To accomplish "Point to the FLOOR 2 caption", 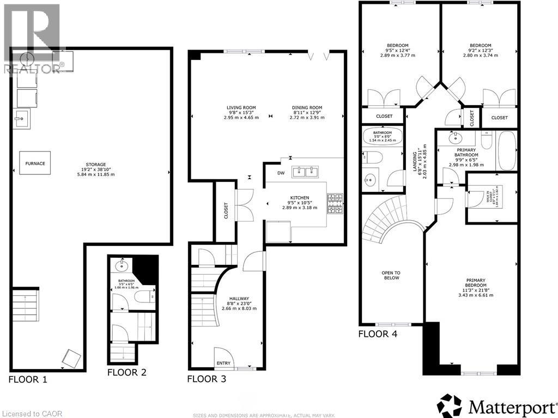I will (x=126, y=373).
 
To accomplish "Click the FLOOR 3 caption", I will (x=207, y=379).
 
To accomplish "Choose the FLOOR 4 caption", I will (x=378, y=334).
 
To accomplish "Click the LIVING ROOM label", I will (x=241, y=108).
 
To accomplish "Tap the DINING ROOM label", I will (x=307, y=108).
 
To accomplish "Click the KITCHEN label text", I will (x=299, y=198).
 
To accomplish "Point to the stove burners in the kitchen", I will (x=335, y=203).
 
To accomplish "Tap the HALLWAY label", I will (x=239, y=299).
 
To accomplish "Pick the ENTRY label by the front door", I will (x=223, y=364).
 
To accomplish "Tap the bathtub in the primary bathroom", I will (x=507, y=151).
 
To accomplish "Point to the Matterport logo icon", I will (x=450, y=406).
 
